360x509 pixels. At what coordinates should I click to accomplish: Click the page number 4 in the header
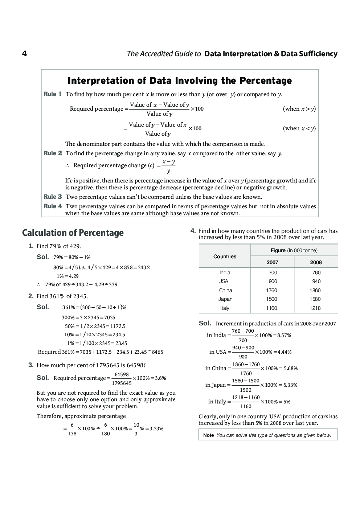click(24, 54)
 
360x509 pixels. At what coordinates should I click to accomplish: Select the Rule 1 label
click(52, 94)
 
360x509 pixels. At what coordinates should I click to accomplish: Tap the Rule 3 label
click(52, 197)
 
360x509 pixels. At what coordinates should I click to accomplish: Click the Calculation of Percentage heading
click(73, 233)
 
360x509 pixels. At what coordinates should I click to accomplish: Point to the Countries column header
click(225, 256)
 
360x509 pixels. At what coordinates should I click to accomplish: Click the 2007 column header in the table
click(272, 262)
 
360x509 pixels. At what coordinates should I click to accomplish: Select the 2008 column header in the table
click(316, 262)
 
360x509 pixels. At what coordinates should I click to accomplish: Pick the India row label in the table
click(225, 272)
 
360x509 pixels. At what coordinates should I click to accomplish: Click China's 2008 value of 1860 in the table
click(315, 290)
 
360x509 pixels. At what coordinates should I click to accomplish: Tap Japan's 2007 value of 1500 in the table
click(271, 299)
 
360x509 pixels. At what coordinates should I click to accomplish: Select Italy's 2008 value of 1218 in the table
click(315, 308)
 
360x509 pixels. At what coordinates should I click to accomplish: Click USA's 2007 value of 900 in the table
click(273, 282)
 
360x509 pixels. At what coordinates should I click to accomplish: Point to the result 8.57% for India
click(284, 336)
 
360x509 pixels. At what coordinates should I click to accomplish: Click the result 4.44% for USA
click(284, 352)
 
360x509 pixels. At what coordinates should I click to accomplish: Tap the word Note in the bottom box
click(209, 435)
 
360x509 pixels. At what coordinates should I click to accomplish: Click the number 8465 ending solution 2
click(157, 352)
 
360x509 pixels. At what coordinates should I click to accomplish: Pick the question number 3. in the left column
click(31, 365)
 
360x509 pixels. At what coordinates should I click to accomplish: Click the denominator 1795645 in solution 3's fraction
click(122, 383)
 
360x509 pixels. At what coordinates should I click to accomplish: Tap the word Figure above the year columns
click(278, 250)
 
